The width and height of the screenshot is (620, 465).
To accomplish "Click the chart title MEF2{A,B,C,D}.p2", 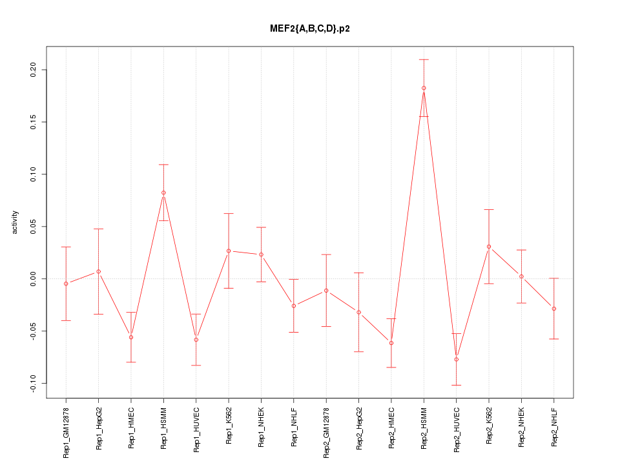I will (310, 29).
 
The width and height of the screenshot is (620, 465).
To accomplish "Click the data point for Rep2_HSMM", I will (424, 88).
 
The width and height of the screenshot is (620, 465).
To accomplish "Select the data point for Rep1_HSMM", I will (163, 192).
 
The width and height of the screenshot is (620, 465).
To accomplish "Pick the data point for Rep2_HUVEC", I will (456, 359).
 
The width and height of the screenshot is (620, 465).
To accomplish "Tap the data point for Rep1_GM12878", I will (66, 284).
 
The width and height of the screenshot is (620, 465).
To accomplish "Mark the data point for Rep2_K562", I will (489, 247).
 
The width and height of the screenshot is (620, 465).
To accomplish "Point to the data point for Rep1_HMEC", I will (131, 337).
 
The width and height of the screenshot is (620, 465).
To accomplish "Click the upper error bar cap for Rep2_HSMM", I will (424, 59).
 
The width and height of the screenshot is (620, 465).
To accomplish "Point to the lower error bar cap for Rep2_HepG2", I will (358, 351).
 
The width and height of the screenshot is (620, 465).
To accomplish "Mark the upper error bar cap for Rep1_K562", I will (229, 213).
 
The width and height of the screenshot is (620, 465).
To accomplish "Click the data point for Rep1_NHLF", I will (294, 305).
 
